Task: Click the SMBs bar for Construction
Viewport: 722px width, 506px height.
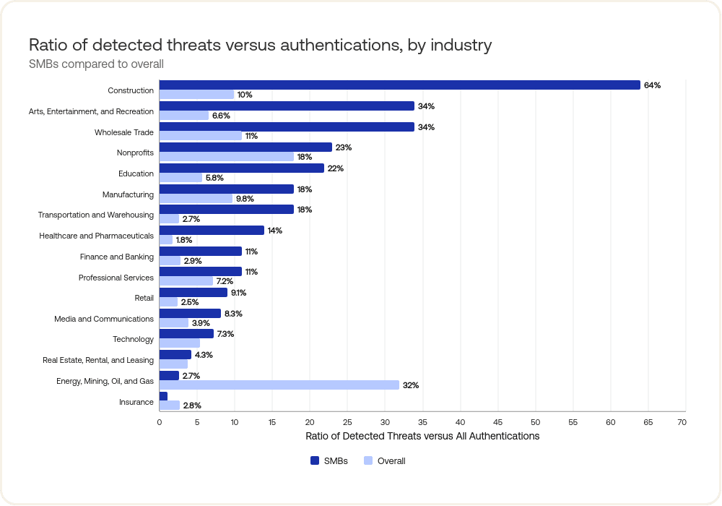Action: pyautogui.click(x=399, y=85)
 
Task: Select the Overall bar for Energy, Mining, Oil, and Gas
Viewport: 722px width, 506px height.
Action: pyautogui.click(x=279, y=385)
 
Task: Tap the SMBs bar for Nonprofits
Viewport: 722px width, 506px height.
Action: pyautogui.click(x=245, y=147)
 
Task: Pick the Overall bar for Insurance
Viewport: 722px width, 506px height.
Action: pyautogui.click(x=169, y=406)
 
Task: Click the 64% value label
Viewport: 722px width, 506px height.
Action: pyautogui.click(x=652, y=85)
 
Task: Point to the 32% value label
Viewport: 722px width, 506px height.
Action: pyautogui.click(x=411, y=385)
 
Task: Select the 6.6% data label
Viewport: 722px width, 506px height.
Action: pyautogui.click(x=220, y=116)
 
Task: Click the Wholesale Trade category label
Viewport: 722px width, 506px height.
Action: pyautogui.click(x=124, y=132)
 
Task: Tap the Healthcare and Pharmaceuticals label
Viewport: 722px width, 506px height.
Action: pyautogui.click(x=96, y=236)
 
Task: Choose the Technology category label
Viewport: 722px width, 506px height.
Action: pyautogui.click(x=133, y=339)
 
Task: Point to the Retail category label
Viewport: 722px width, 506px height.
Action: pyautogui.click(x=144, y=298)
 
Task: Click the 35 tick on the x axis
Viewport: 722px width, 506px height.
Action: pyautogui.click(x=422, y=421)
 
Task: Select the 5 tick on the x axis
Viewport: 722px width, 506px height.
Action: pyautogui.click(x=197, y=421)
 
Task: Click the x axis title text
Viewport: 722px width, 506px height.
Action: pyautogui.click(x=422, y=436)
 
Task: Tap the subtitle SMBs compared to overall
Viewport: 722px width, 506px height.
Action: pyautogui.click(x=96, y=64)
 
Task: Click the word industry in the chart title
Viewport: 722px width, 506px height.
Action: pyautogui.click(x=459, y=45)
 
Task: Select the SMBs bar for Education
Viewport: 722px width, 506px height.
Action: pyautogui.click(x=242, y=168)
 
